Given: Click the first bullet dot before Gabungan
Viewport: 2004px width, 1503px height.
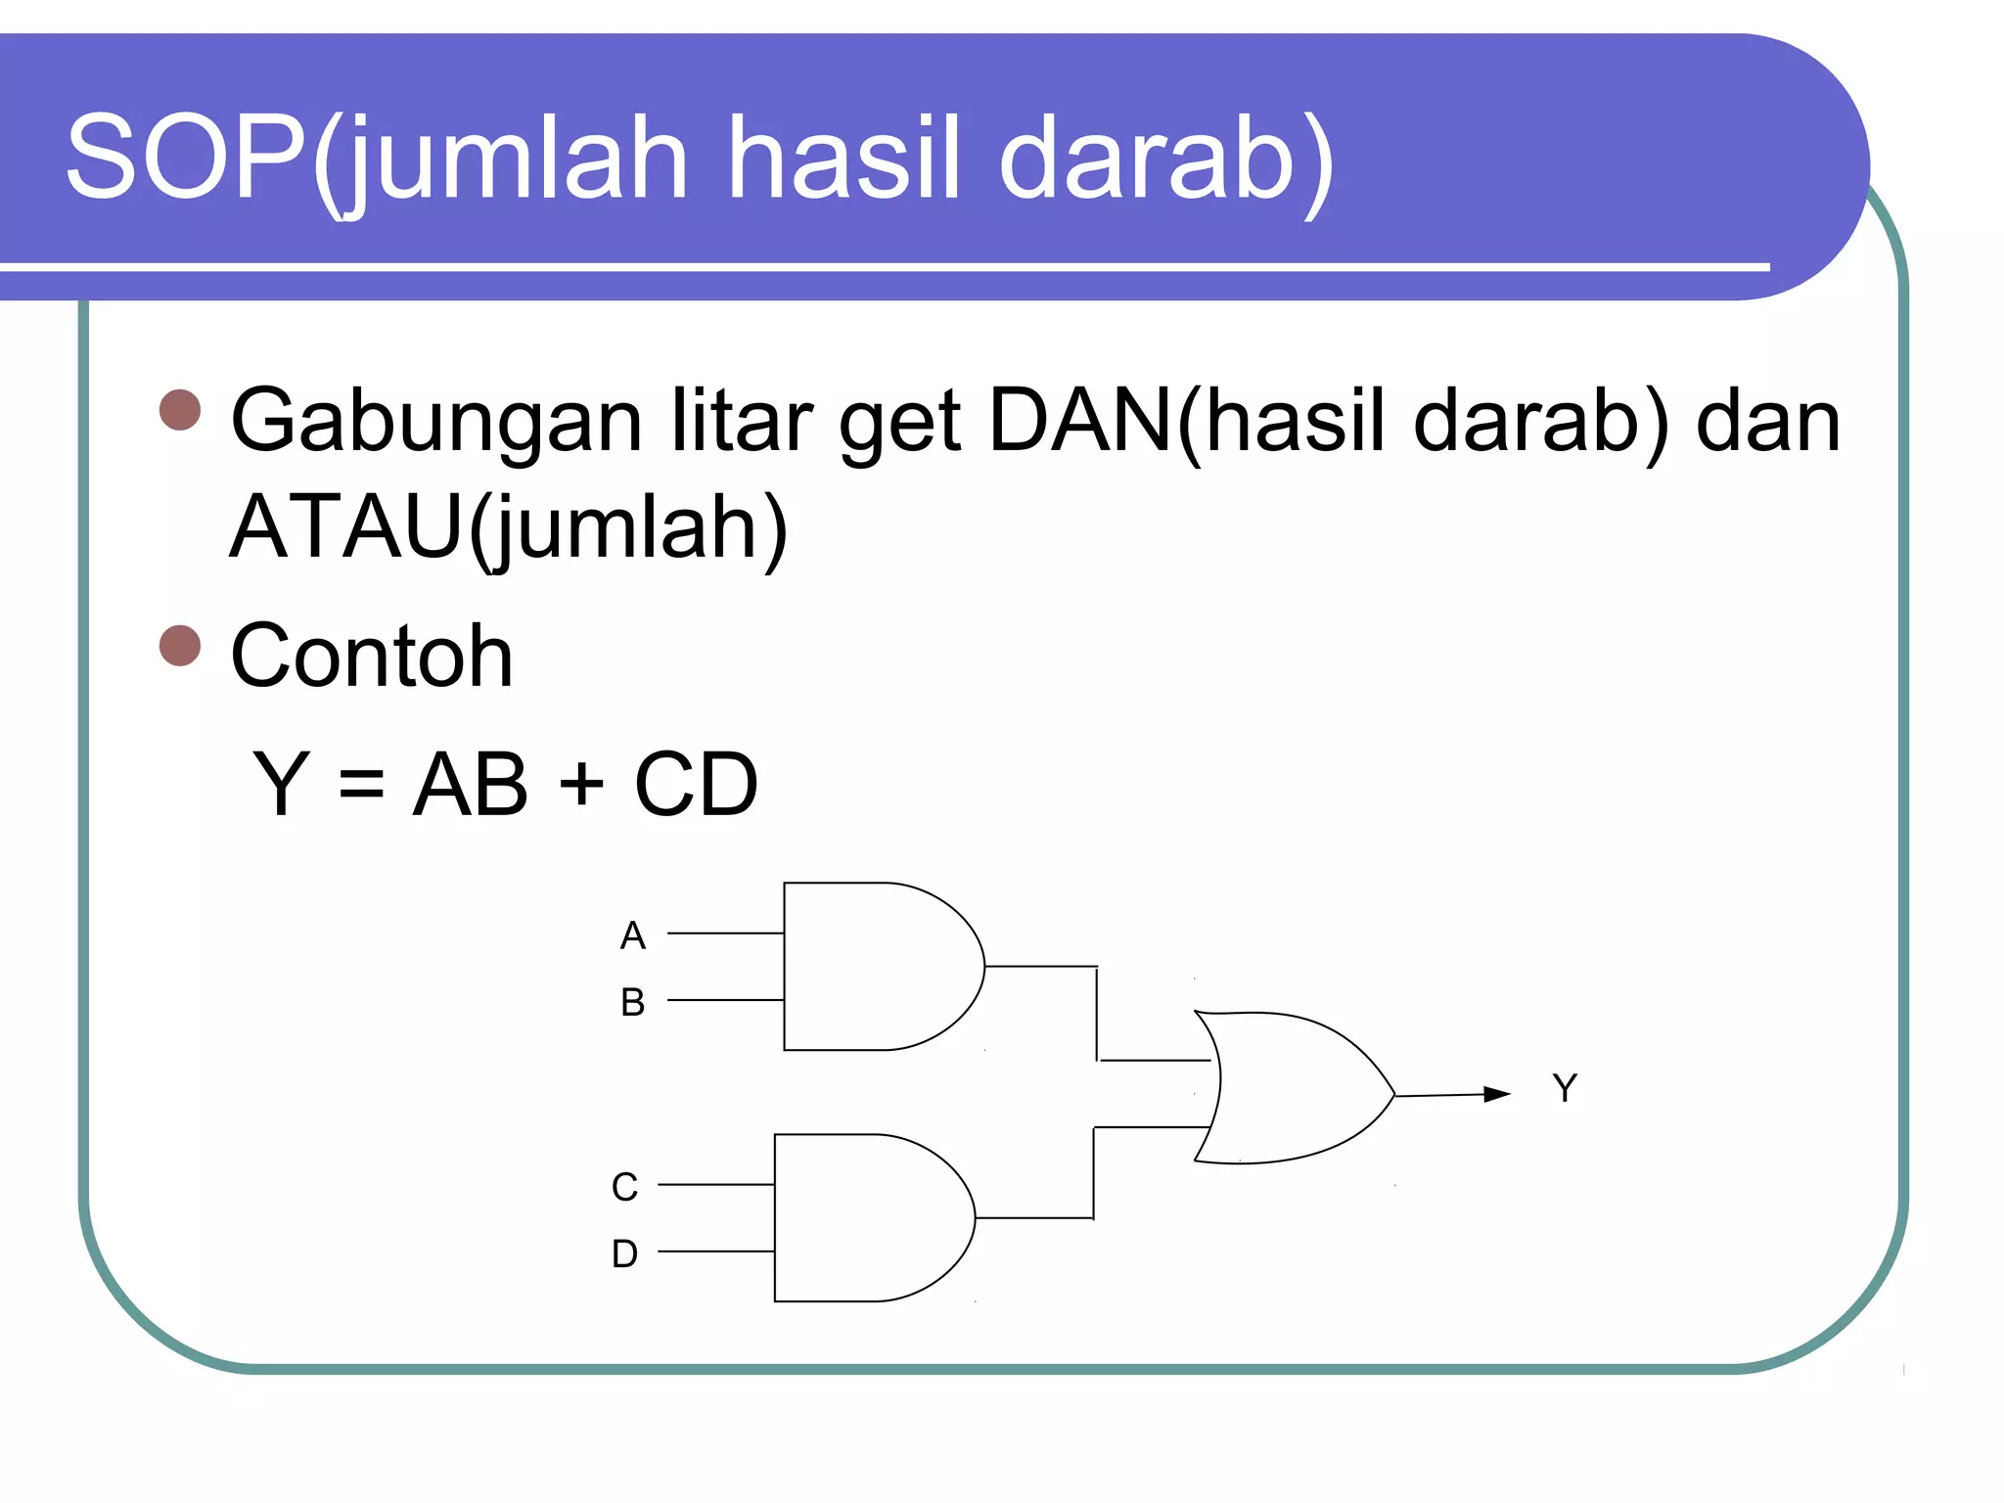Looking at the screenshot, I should [x=180, y=410].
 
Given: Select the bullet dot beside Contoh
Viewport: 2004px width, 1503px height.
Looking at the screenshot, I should [x=180, y=646].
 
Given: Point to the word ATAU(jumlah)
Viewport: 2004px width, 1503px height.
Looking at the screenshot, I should [x=508, y=528].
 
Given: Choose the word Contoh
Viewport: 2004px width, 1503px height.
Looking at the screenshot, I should [x=372, y=657].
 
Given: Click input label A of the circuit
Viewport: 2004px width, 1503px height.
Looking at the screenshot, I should [x=633, y=936].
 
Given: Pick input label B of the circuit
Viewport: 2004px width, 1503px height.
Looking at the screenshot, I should [x=633, y=1003].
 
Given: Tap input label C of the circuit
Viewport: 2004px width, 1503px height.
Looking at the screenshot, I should [x=624, y=1188].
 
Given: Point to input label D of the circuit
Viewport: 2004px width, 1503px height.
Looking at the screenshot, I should [x=624, y=1254].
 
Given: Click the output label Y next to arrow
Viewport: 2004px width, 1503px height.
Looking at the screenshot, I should [x=1565, y=1088].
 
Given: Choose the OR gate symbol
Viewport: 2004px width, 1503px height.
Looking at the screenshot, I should [x=1292, y=1088].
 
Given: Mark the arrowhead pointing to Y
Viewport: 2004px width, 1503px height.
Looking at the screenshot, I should [x=1497, y=1094].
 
